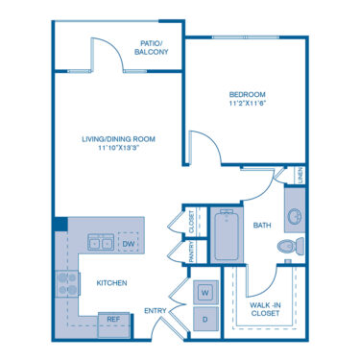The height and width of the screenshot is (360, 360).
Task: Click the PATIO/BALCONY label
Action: point(151,47)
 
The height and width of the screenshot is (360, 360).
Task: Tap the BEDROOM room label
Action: point(248,94)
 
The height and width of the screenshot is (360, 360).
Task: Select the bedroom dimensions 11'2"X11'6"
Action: point(248,104)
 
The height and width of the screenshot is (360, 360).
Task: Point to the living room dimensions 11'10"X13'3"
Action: point(120,148)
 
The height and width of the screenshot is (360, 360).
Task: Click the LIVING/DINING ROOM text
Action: point(119,139)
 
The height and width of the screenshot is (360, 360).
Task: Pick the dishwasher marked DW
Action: point(129,244)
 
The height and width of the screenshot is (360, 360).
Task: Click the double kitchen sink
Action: point(101,242)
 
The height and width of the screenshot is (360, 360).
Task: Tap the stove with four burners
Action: point(68,284)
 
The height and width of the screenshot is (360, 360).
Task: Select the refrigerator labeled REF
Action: point(113,324)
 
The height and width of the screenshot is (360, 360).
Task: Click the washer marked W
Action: point(205,292)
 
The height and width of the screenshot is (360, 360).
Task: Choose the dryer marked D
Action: point(205,319)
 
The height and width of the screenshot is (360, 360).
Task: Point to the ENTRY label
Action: point(156,311)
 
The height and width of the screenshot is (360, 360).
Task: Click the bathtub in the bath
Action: point(227,235)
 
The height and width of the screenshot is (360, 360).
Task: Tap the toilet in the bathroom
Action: point(291,246)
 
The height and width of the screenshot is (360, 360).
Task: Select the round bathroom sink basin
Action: point(295,217)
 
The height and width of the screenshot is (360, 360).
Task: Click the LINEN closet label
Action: point(300,176)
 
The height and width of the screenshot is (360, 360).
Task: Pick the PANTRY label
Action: point(192,252)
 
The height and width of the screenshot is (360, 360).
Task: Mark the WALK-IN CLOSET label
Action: point(265,309)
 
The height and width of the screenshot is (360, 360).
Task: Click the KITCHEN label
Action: point(111,283)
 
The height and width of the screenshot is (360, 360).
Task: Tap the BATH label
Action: point(262,226)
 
